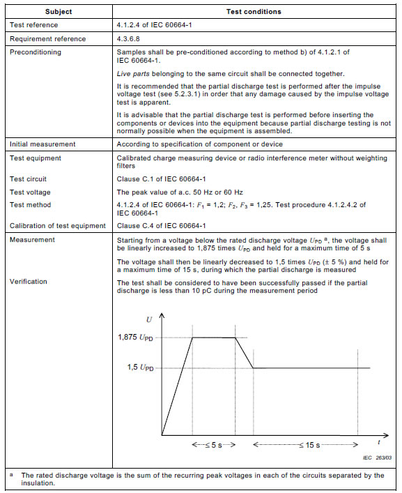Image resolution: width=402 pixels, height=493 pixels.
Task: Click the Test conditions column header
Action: [254, 12]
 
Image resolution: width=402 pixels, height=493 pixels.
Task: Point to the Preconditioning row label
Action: [35, 52]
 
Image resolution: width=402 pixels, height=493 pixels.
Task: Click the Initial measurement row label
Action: [42, 144]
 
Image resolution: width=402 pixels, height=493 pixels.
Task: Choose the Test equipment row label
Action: [35, 158]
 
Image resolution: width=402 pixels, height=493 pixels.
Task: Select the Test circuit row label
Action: [29, 179]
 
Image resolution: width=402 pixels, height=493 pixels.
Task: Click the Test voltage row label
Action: [30, 192]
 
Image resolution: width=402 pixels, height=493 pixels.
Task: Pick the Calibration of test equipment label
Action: [58, 225]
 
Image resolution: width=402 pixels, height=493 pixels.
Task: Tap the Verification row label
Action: [29, 282]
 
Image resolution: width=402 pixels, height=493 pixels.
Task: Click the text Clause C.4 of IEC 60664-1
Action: [161, 225]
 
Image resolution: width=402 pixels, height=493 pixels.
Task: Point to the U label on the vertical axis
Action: [149, 319]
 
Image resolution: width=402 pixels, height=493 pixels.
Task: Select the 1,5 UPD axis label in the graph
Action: [140, 367]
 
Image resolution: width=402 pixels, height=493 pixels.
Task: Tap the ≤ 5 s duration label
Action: [214, 444]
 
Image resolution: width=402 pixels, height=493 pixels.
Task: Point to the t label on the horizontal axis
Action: [379, 442]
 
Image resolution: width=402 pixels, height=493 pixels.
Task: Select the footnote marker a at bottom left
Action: [12, 474]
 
